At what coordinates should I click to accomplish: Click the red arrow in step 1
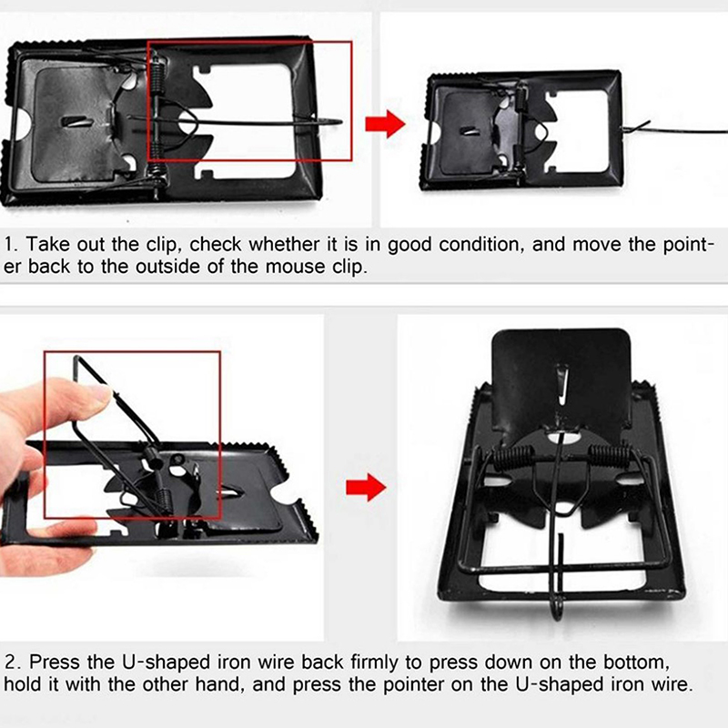(x=385, y=124)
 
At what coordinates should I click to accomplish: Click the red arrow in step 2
(x=366, y=488)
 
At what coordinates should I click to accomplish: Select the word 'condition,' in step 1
(x=481, y=245)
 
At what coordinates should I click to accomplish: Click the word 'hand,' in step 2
(x=219, y=685)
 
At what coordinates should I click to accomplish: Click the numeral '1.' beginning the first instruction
(x=11, y=245)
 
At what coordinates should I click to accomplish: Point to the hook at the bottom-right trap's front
(x=557, y=607)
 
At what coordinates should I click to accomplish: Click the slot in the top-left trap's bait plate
(x=77, y=121)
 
